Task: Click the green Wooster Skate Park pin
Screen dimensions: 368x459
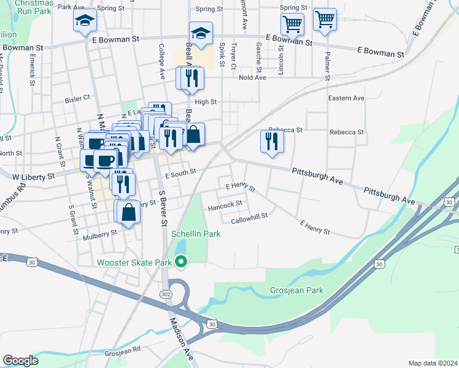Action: point(180,263)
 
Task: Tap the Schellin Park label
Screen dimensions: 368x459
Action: point(195,234)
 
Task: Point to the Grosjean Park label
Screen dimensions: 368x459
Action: point(296,289)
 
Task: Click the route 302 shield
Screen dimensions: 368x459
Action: point(165,294)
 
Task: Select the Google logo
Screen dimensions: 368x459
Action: point(20,361)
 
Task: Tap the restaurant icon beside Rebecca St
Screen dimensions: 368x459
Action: point(271,142)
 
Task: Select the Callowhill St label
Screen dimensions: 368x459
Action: point(250,220)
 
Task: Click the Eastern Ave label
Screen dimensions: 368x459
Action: point(346,98)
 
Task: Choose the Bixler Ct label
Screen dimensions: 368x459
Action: point(77,98)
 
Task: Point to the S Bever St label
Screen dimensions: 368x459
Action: point(163,209)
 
